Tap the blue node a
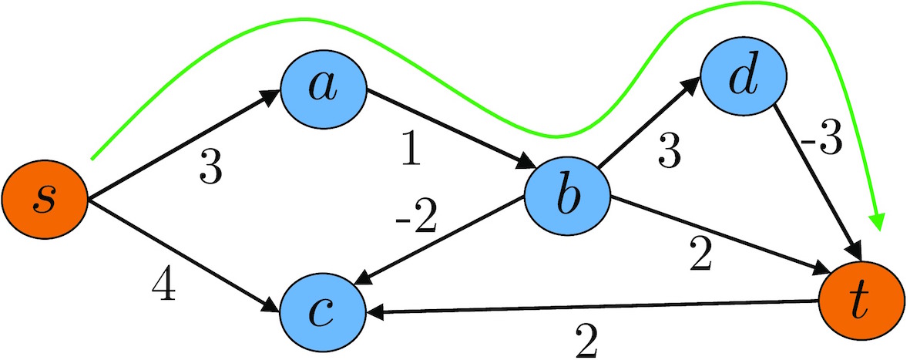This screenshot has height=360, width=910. tap(322, 87)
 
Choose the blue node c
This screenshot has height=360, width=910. tap(322, 310)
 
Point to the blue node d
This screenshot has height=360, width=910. tap(743, 79)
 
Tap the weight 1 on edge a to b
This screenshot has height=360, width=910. tap(411, 151)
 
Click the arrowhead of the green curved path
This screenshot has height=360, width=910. tap(877, 222)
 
